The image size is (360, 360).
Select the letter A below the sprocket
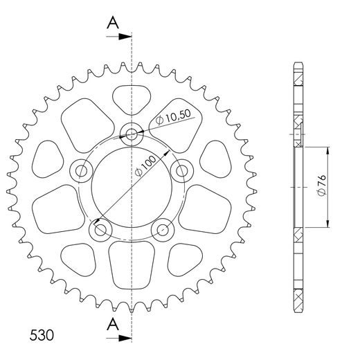pos(111,325)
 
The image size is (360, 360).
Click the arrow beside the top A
pos(121,37)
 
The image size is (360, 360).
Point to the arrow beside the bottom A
pos(121,338)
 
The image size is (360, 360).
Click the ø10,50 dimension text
pos(170,118)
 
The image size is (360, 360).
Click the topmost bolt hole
pos(131,133)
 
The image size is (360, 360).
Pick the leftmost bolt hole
pos(80,170)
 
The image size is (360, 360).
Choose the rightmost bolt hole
pos(181,170)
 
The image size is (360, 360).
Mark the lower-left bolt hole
pos(100,229)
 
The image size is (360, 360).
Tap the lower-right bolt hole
pos(162,229)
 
